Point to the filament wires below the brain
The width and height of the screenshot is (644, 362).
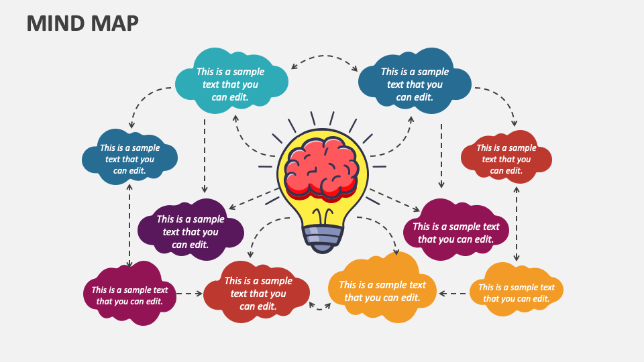point(323,217)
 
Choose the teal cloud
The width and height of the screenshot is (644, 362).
point(231,81)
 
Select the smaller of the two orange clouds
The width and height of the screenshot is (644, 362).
point(516,290)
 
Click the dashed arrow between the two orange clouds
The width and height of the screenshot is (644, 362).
point(454,294)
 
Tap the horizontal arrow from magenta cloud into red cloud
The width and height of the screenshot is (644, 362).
point(190,294)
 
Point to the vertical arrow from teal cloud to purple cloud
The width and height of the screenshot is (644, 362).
point(205,156)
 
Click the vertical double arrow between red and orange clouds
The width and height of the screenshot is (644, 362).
point(517,224)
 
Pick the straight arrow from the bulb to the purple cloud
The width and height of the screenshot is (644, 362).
point(254,198)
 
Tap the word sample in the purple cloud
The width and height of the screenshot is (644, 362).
point(208,219)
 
